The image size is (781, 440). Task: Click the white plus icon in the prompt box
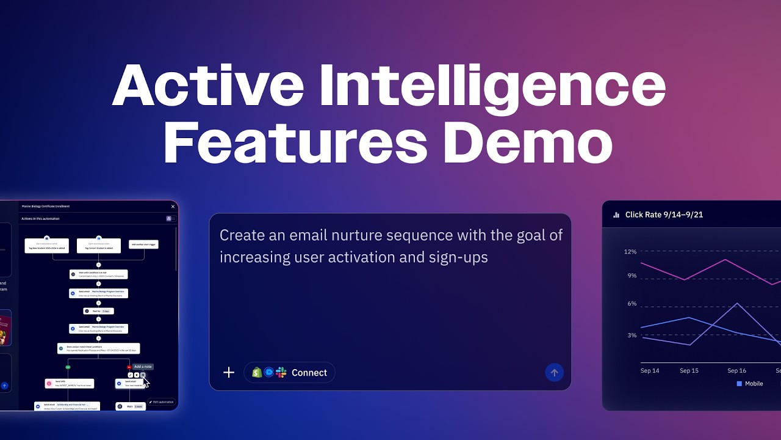229,372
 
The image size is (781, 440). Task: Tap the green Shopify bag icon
257,372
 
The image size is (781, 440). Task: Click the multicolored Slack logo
281,372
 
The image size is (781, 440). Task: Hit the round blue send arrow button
554,372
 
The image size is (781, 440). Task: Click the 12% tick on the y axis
630,252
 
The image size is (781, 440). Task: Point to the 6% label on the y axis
632,304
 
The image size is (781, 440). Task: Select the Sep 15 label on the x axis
689,370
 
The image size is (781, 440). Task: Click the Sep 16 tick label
736,370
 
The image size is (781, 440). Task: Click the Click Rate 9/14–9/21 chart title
664,215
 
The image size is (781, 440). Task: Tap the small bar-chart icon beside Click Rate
616,215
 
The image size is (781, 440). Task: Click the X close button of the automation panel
173,207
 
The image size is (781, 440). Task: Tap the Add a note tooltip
143,367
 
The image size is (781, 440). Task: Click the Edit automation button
162,402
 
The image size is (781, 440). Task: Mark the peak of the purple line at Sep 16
737,303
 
